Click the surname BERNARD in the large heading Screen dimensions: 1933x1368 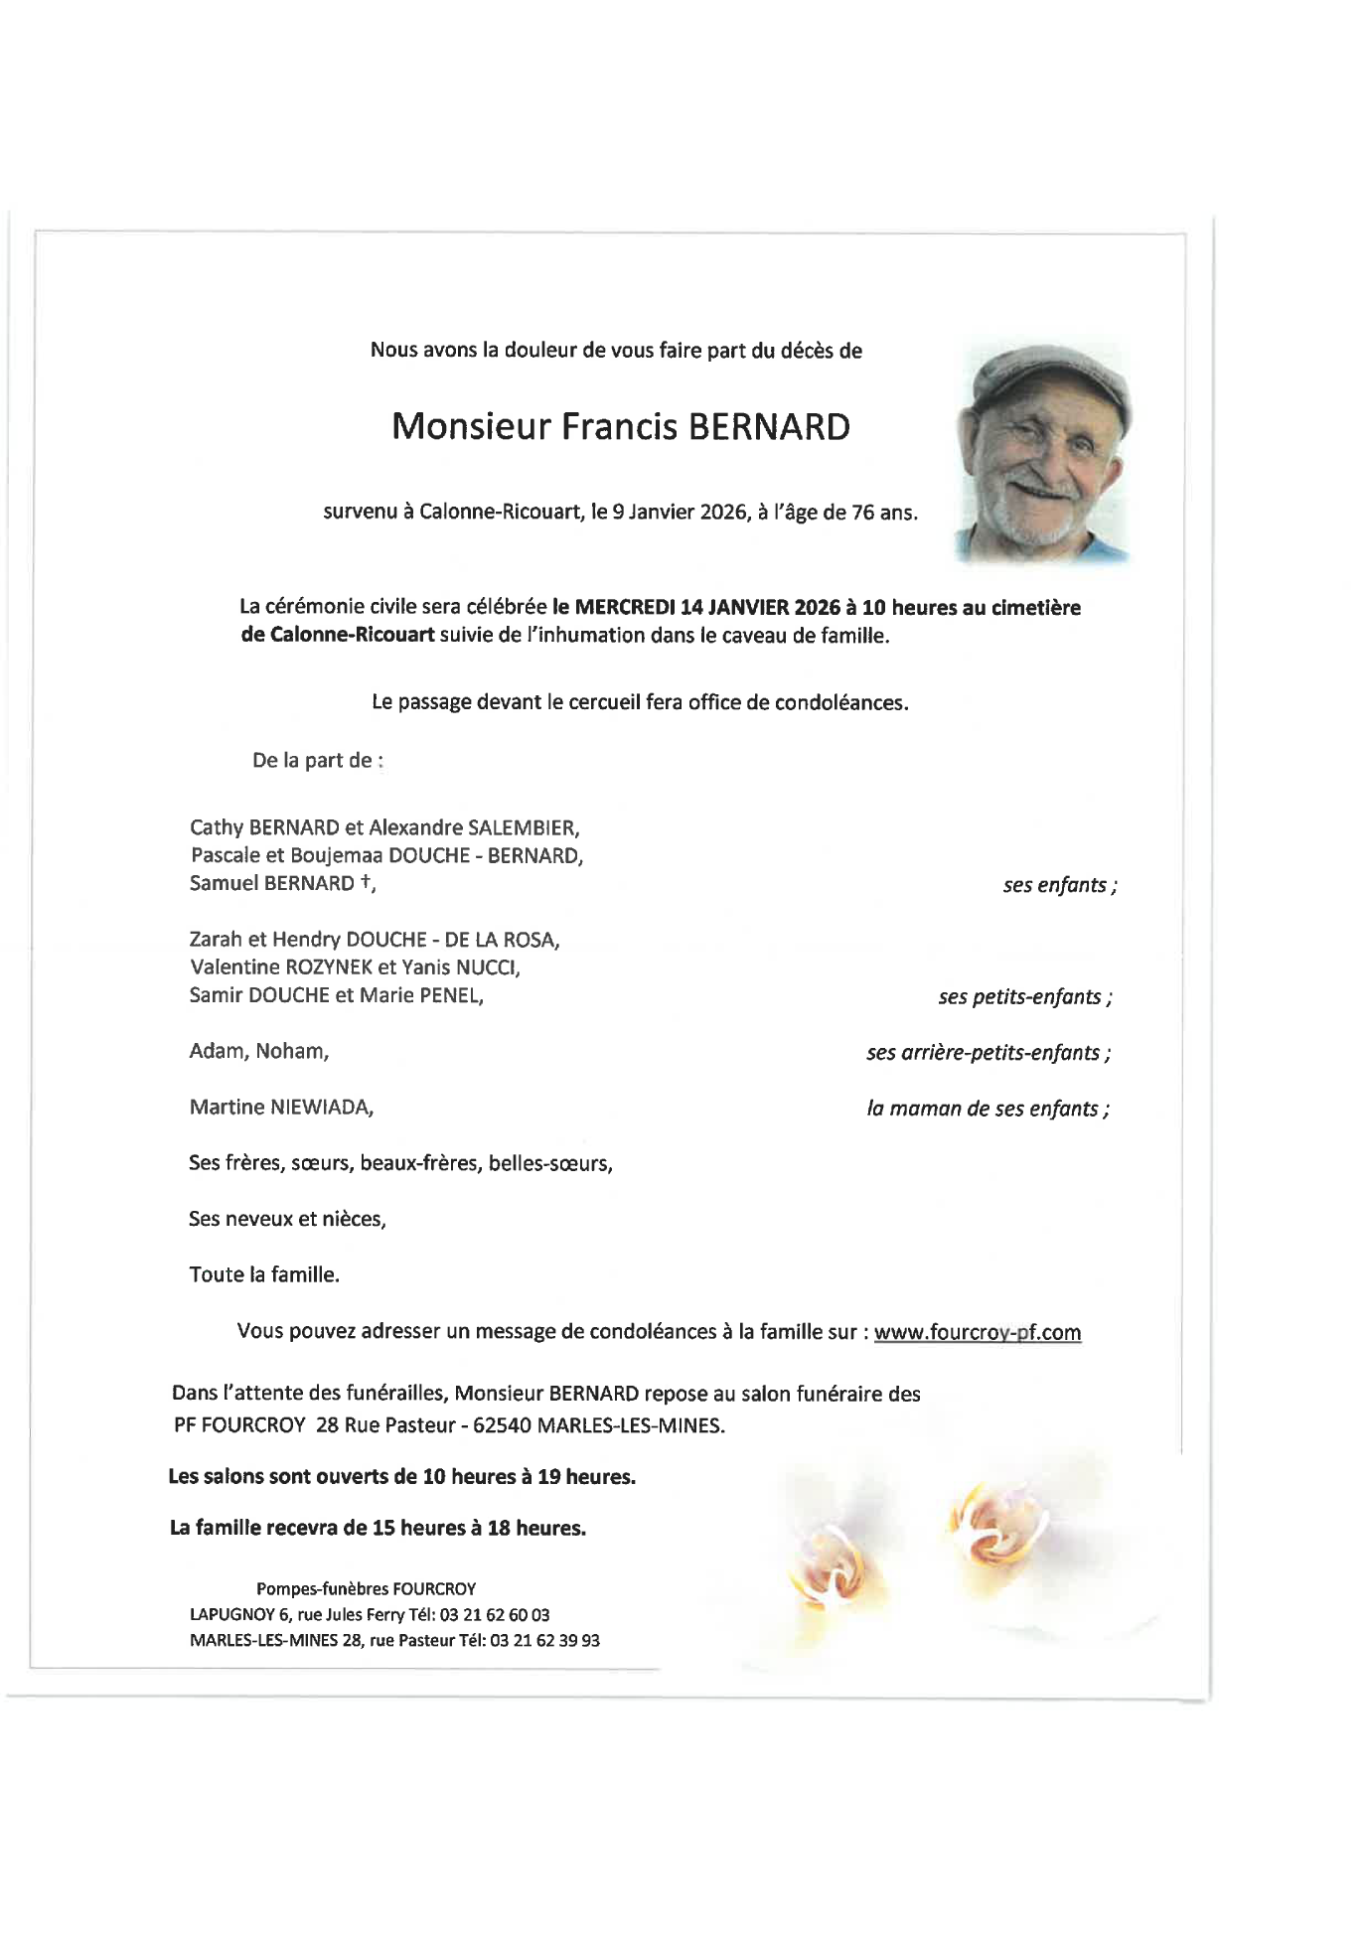click(x=769, y=427)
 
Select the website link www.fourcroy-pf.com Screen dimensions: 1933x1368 click(x=977, y=1333)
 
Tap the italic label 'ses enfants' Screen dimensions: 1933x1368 click(x=1059, y=885)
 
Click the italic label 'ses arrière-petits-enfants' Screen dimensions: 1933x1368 click(x=988, y=1053)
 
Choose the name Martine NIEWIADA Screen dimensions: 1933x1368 click(x=281, y=1108)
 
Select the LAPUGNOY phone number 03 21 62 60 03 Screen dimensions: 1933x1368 click(x=502, y=1615)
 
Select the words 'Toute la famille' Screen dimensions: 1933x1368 click(x=264, y=1275)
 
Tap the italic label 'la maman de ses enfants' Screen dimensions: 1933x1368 click(x=988, y=1109)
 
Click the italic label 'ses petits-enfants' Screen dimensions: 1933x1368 click(x=1024, y=997)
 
